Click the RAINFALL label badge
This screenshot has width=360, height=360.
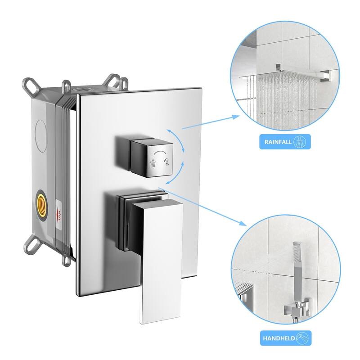[x=284, y=143]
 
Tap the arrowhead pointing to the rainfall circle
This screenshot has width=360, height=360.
[x=237, y=117]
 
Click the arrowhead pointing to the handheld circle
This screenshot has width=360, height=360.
[x=243, y=223]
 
